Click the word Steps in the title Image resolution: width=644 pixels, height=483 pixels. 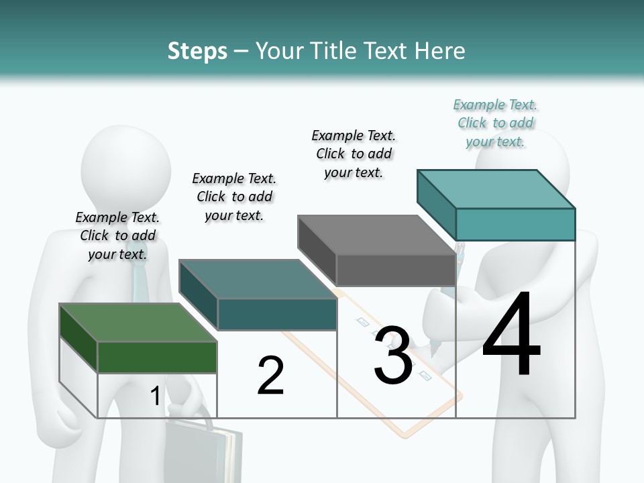tap(197, 51)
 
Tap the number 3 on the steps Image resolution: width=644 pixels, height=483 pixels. tap(392, 356)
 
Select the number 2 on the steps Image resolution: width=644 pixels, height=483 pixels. tap(270, 376)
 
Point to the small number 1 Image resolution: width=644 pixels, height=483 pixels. tap(156, 396)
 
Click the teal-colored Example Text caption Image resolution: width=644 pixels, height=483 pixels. tap(495, 123)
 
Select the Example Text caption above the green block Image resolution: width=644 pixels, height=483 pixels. tap(117, 235)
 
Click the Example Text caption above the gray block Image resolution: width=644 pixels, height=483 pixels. tap(354, 154)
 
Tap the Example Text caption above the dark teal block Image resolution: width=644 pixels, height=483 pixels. tap(234, 197)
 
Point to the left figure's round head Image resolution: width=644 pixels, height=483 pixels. tap(125, 164)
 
